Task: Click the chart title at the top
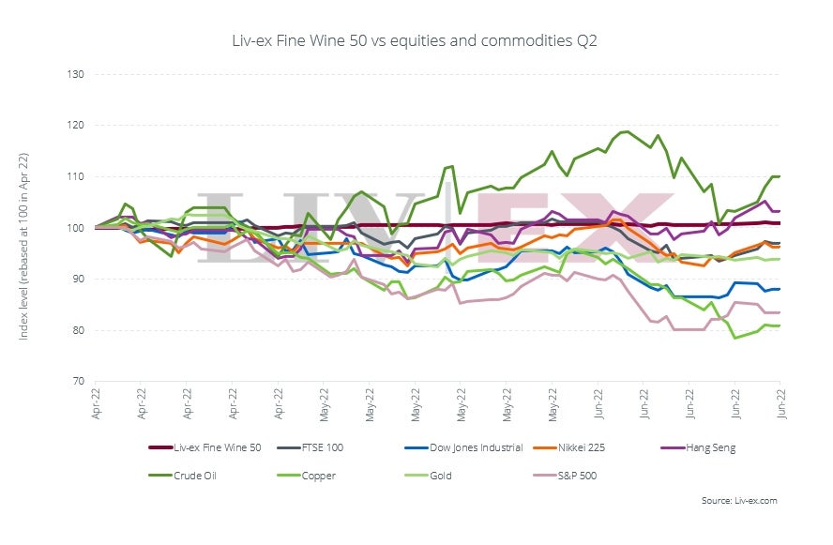416,41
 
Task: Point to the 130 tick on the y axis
75,74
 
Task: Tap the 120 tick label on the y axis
75,126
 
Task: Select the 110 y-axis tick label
75,176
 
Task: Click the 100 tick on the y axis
75,228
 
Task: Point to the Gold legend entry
438,476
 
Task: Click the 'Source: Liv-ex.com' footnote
739,501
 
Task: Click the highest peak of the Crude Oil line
626,131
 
